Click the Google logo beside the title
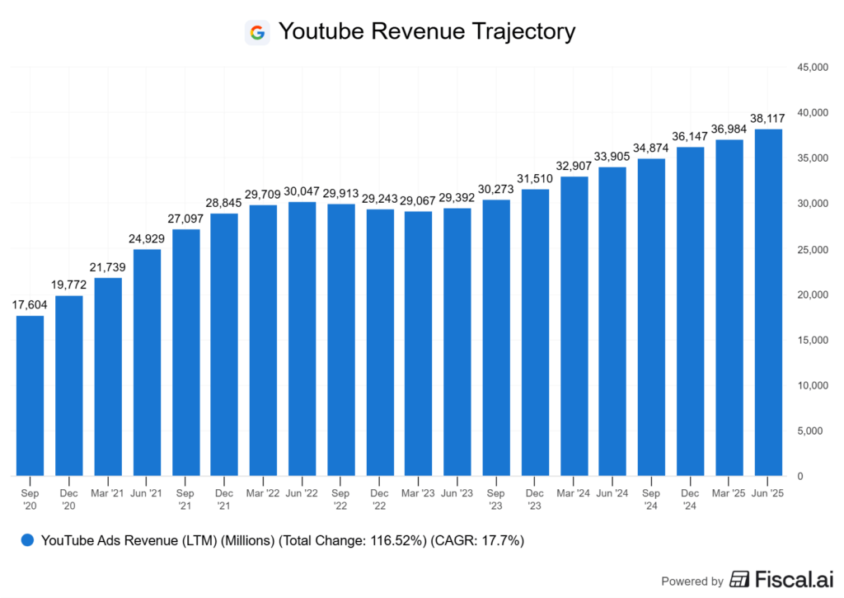(257, 32)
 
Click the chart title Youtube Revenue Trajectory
(426, 32)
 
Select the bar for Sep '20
(30, 396)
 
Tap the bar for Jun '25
(767, 303)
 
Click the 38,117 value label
(767, 118)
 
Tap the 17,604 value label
(30, 304)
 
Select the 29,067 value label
(418, 200)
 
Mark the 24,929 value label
(147, 238)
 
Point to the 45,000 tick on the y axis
(813, 67)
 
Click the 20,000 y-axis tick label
(813, 294)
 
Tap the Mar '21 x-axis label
(108, 494)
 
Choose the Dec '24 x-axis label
(690, 500)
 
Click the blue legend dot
(27, 541)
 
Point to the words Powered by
(692, 581)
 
